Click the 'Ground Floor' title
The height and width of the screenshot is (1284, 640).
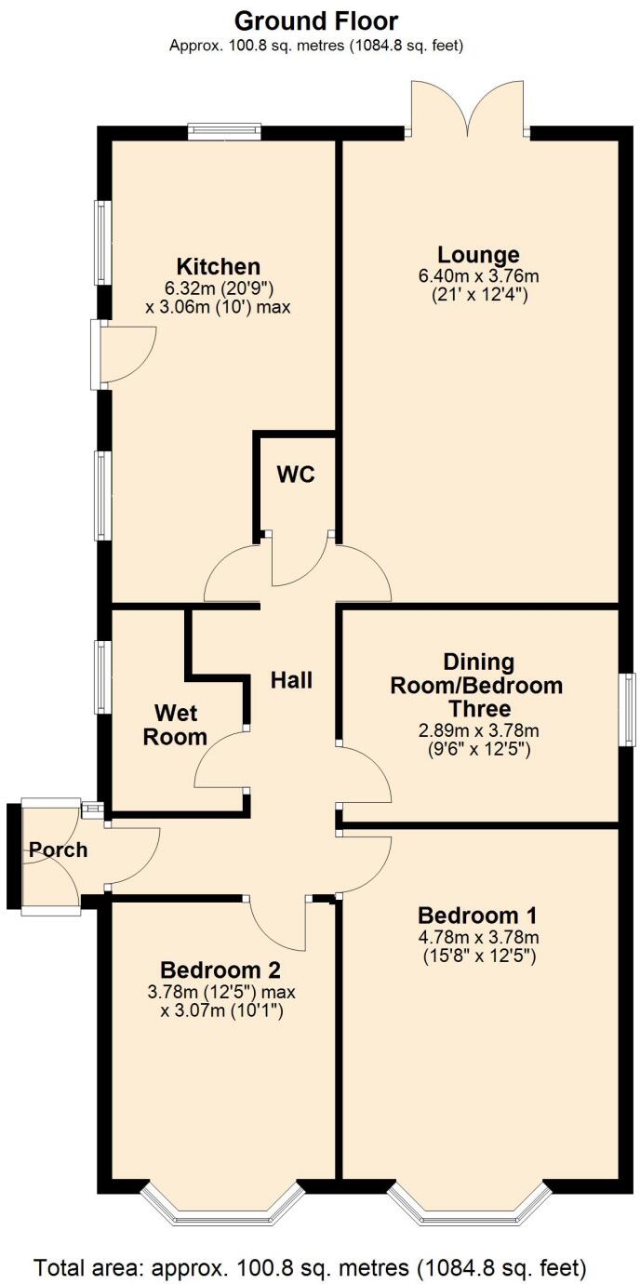tap(316, 20)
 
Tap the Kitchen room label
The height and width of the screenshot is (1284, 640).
tap(220, 266)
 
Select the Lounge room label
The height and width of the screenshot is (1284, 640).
tap(478, 254)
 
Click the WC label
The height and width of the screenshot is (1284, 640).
tap(296, 474)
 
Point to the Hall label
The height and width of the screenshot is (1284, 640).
tap(291, 680)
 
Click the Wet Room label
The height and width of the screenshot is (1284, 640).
tap(180, 726)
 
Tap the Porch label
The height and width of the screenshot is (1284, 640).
tap(57, 849)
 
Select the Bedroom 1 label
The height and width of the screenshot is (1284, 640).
tap(477, 914)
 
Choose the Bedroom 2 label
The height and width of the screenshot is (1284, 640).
tap(220, 968)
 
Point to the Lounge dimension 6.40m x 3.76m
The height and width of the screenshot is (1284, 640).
tap(478, 276)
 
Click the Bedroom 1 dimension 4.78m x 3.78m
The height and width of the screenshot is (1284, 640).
tap(477, 937)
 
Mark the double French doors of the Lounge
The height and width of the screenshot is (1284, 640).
tap(468, 107)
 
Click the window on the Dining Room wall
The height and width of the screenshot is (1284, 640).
tap(628, 708)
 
